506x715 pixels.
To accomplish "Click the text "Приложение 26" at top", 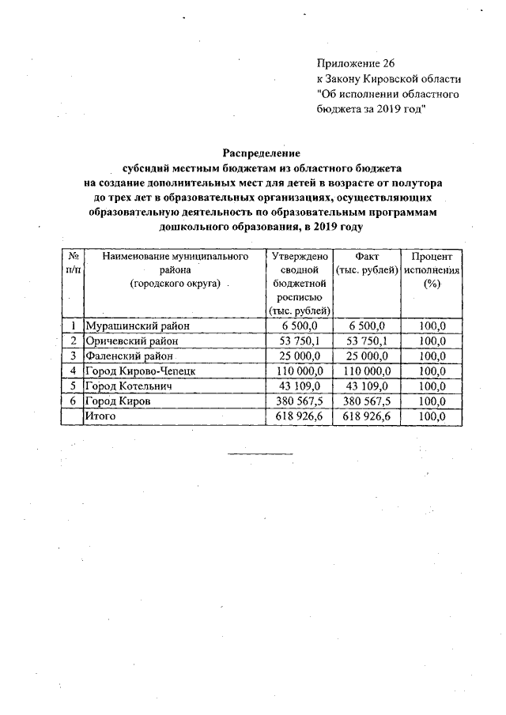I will click(x=354, y=62).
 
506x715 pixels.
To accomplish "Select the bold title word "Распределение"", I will click(x=262, y=152).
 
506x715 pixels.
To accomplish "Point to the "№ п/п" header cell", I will click(x=72, y=264).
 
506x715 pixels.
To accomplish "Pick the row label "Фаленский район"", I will click(x=130, y=356).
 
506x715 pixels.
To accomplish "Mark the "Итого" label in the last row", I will click(x=100, y=416).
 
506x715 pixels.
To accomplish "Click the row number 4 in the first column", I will click(x=73, y=371).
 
